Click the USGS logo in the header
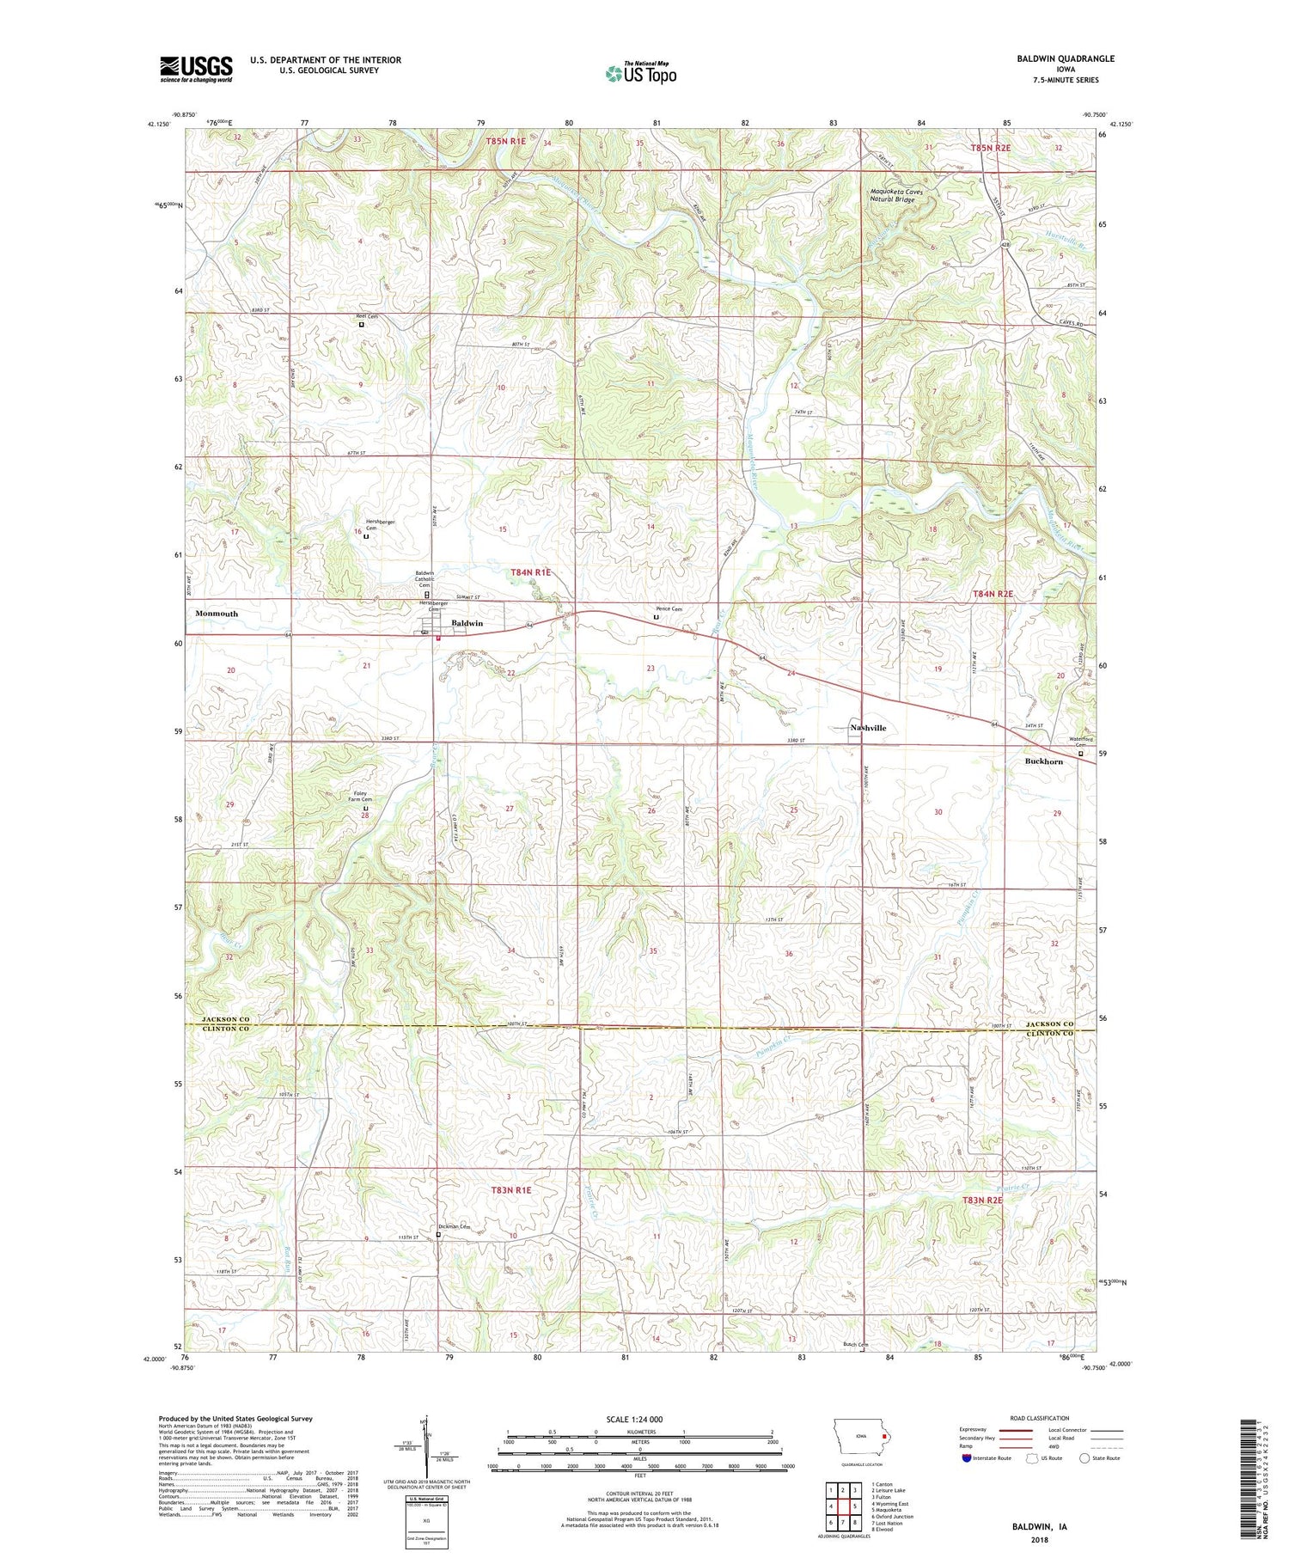pyautogui.click(x=196, y=69)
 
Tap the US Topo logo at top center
pyautogui.click(x=641, y=74)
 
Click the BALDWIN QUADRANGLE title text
pyautogui.click(x=1062, y=58)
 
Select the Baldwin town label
pyautogui.click(x=467, y=623)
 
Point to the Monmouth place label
pyautogui.click(x=217, y=614)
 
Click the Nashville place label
pyautogui.click(x=868, y=728)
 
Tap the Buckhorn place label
pyautogui.click(x=1043, y=761)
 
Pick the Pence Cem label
pyautogui.click(x=669, y=608)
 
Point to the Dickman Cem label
pyautogui.click(x=455, y=1226)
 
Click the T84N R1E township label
pyautogui.click(x=530, y=571)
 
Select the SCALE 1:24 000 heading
pyautogui.click(x=639, y=1419)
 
